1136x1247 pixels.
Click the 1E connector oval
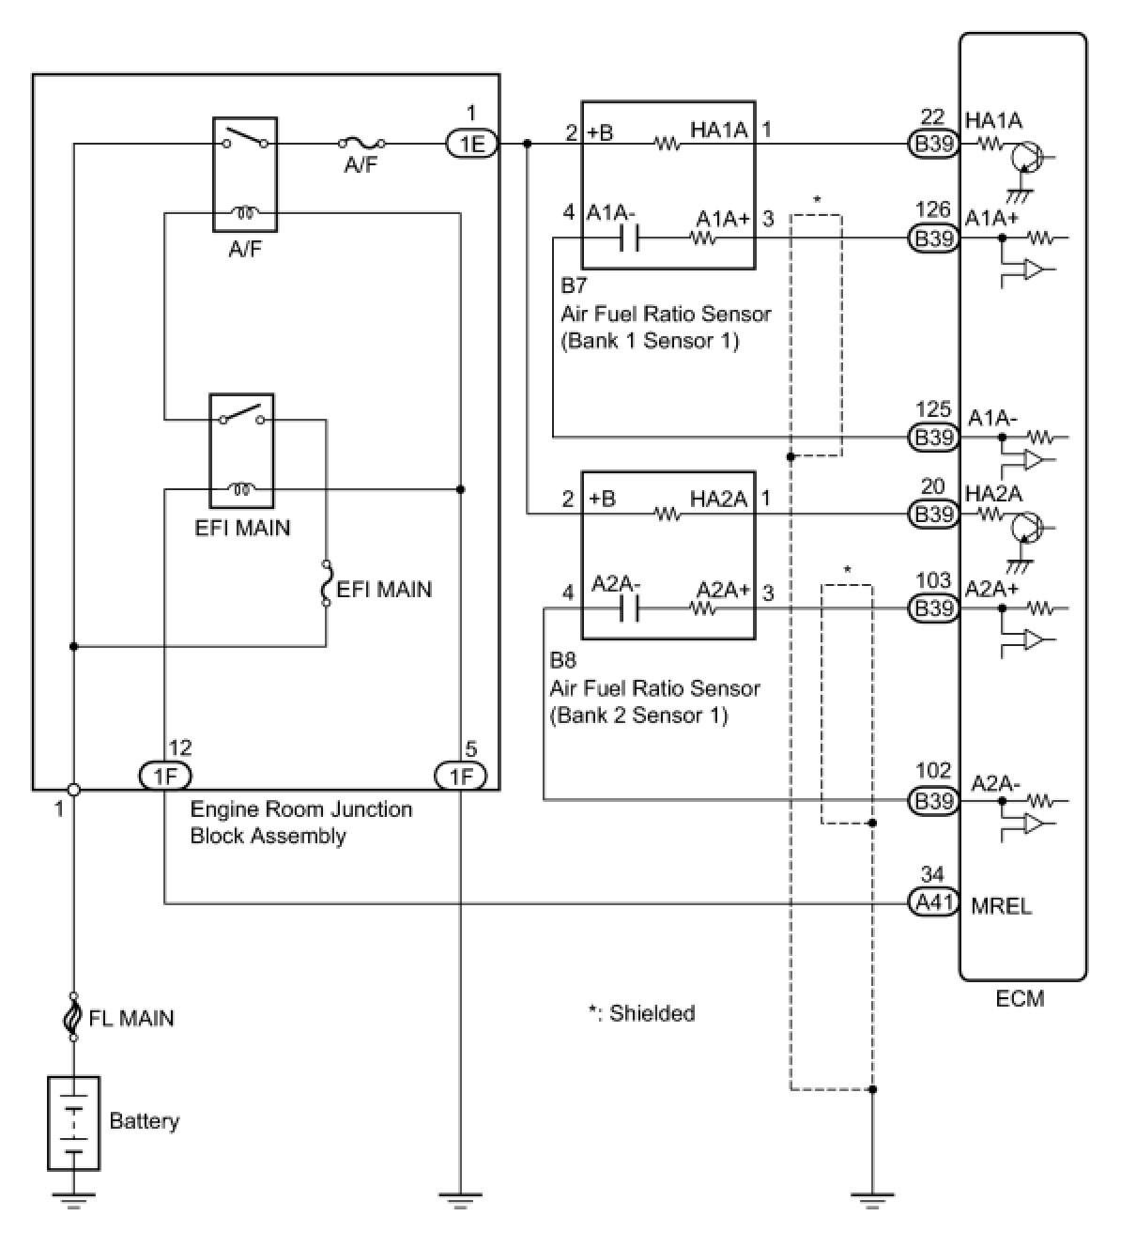[472, 145]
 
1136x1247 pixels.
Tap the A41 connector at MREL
[932, 903]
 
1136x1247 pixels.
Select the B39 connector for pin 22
[932, 145]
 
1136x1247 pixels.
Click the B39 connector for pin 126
[932, 239]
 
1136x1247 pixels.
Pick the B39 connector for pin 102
[932, 801]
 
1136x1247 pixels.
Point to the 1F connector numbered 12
[165, 777]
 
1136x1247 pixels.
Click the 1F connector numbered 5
[461, 777]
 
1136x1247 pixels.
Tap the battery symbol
[73, 1123]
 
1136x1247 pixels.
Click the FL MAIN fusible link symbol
[73, 1017]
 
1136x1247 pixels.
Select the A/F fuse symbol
[361, 145]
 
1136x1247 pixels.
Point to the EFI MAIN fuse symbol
[326, 583]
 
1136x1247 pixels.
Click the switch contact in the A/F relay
[246, 138]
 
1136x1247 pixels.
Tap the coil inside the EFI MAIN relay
[242, 488]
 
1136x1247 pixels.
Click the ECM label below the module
[1020, 999]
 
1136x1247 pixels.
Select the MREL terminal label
[1001, 906]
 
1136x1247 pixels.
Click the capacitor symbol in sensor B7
[629, 239]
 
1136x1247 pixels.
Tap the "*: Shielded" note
[641, 1013]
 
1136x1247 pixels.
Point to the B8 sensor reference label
[562, 659]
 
